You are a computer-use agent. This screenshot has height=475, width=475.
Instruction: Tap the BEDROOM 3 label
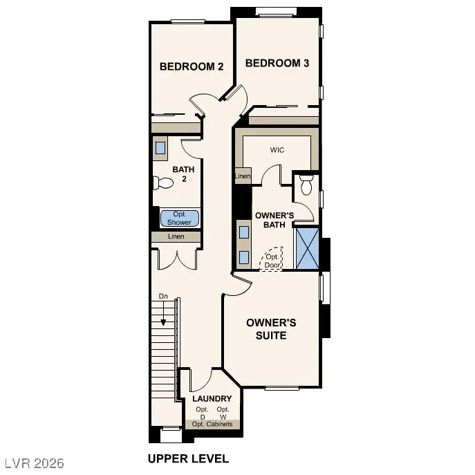[x=277, y=63]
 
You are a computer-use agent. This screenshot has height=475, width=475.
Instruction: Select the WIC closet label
[x=277, y=149]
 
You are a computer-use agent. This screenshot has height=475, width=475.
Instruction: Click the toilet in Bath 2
[x=163, y=183]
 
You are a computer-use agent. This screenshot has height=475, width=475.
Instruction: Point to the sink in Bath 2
[x=160, y=147]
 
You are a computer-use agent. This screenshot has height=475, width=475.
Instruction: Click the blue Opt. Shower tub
[x=180, y=218]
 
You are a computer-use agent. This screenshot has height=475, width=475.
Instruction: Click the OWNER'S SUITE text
[x=272, y=329]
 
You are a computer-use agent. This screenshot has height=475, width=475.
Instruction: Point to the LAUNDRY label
[x=212, y=399]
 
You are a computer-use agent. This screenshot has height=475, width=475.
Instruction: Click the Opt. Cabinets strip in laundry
[x=212, y=424]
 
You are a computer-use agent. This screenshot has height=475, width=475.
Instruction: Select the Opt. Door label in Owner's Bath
[x=271, y=259]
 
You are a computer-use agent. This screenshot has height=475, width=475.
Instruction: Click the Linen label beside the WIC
[x=242, y=177]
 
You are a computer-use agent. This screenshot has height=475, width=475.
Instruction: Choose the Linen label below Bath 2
[x=176, y=236]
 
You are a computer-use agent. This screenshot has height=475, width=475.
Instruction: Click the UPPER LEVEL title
[x=188, y=458]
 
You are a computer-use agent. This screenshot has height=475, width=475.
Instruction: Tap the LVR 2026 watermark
[x=34, y=459]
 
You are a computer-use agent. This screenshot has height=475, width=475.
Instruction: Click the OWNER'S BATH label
[x=274, y=220]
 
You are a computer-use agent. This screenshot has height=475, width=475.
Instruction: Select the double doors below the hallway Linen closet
[x=176, y=259]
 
